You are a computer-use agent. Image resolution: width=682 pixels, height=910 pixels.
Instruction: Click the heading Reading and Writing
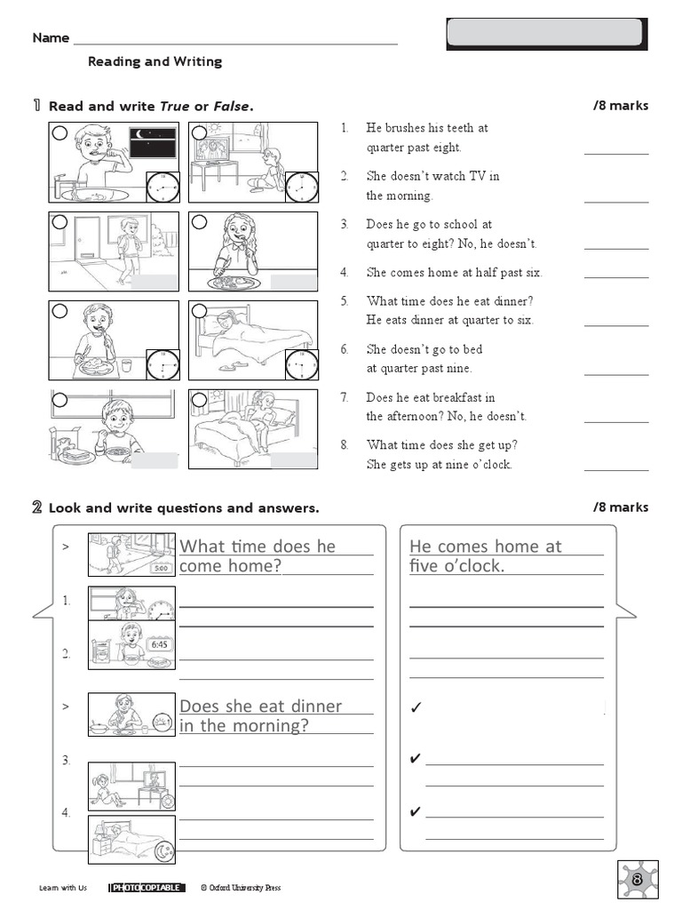[155, 61]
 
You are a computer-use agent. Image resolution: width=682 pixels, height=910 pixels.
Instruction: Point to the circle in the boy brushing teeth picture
[60, 134]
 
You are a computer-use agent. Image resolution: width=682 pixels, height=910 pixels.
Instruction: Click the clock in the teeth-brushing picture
[161, 188]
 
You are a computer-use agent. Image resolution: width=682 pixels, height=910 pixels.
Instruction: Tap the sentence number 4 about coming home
[344, 273]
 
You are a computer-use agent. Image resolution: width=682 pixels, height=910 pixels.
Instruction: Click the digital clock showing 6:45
[160, 644]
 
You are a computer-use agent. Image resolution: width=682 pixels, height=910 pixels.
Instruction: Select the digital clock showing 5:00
[161, 568]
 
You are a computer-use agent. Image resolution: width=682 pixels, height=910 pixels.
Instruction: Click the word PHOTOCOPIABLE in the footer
[147, 887]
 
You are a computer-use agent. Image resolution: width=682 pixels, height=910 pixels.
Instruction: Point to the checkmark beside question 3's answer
[414, 759]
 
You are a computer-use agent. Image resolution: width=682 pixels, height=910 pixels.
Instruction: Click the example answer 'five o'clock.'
[456, 566]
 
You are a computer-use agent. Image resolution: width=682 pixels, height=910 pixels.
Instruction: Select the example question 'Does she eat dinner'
[260, 706]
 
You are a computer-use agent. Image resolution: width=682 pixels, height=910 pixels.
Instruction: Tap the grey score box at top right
[545, 33]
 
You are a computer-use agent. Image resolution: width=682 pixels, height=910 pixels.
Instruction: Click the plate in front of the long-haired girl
[234, 283]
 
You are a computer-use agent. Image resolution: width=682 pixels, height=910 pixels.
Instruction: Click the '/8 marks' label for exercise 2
[621, 507]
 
